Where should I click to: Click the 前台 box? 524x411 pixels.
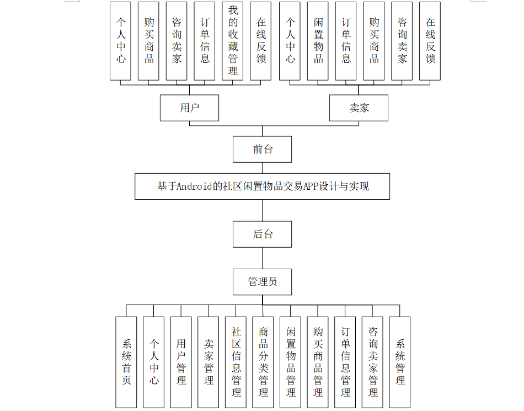coord(262,149)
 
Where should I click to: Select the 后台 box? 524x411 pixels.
coord(262,234)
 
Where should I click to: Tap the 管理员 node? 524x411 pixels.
coord(262,282)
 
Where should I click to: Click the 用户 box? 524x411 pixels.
coord(189,108)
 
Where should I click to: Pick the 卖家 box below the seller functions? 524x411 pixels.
coord(359,108)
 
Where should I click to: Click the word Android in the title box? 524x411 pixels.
coord(195,186)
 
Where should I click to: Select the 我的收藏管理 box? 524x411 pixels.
coord(233,41)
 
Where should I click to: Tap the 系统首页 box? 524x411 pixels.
coord(126,362)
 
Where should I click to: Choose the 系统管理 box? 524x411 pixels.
coord(400,362)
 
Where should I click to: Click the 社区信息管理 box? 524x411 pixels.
coord(236,362)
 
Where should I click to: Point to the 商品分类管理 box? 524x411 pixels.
coord(263,362)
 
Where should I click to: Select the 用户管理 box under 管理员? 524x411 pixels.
coord(181,362)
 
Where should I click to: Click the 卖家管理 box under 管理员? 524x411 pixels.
coord(208,362)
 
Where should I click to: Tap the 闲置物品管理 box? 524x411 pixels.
coord(291,362)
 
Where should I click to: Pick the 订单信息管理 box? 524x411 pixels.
coord(345,362)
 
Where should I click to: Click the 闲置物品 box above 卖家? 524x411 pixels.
coord(318,41)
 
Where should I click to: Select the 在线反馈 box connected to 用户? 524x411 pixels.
coord(261,41)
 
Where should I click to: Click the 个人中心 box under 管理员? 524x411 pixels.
coord(154,362)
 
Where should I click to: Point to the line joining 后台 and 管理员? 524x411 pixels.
coord(262,258)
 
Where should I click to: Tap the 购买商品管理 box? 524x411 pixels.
coord(318,362)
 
